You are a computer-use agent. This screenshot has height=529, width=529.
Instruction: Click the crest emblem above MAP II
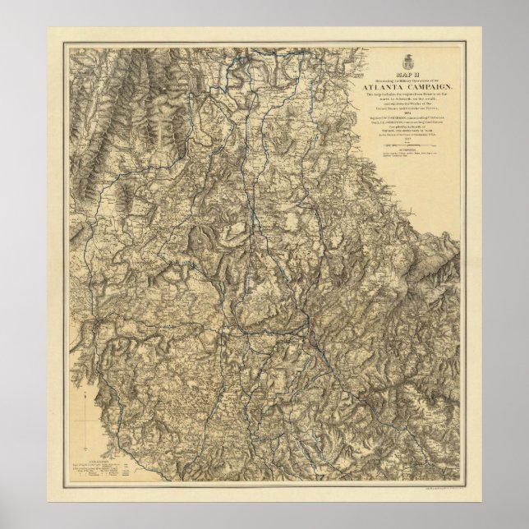click(409, 63)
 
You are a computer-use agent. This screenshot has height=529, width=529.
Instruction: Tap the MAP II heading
click(409, 75)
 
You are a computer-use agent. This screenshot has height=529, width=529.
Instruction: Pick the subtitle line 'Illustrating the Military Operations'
click(409, 80)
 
